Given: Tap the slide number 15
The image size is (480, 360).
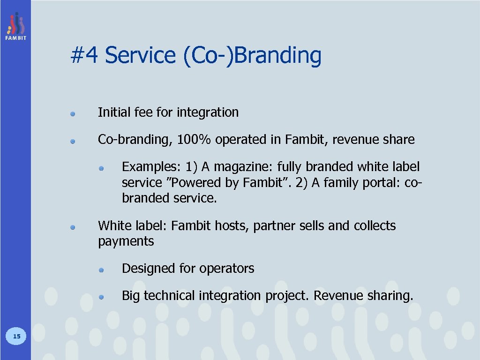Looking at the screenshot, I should [x=16, y=336].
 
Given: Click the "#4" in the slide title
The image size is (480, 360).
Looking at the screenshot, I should [x=84, y=56].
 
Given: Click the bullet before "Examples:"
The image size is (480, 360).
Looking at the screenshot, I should [x=101, y=167].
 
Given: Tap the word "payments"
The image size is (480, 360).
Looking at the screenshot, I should [x=126, y=242].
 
